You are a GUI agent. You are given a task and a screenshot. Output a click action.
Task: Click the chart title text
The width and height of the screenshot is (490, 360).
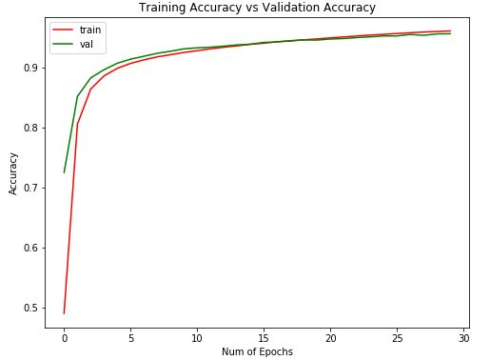[257, 8]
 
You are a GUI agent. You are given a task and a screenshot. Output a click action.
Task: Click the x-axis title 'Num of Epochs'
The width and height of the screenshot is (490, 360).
[257, 351]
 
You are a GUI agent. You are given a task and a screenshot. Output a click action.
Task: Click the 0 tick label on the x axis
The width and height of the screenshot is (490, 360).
[65, 337]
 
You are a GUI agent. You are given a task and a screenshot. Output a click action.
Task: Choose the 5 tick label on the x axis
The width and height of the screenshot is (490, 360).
[130, 337]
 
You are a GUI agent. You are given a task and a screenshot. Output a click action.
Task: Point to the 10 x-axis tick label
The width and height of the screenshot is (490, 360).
[197, 337]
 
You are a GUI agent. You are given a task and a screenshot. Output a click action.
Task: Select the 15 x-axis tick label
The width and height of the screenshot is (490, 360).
[264, 337]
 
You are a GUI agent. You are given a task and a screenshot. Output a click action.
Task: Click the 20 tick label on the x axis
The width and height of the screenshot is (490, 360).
[330, 337]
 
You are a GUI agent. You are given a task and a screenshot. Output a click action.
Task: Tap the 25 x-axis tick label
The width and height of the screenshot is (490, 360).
[397, 337]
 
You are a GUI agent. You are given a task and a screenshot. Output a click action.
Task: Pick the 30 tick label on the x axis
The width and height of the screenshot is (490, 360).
[463, 337]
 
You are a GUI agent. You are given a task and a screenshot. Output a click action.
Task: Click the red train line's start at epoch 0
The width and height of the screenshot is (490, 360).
[65, 312]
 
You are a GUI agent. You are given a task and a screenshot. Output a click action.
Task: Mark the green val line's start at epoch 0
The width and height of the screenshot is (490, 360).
[65, 172]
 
